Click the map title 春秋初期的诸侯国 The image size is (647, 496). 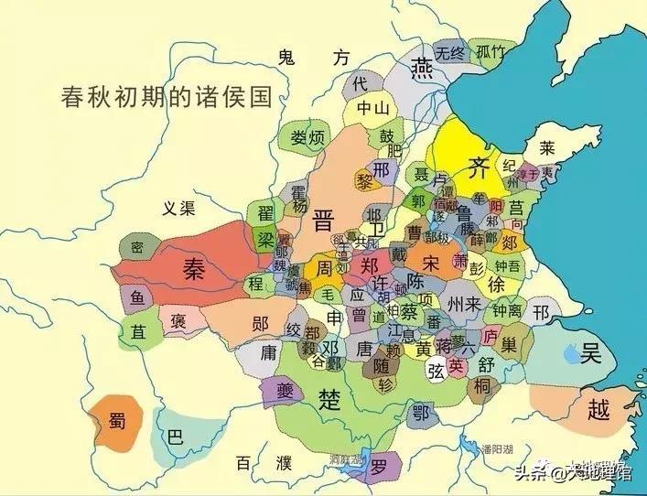pyautogui.click(x=167, y=96)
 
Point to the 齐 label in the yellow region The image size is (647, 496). pyautogui.click(x=477, y=167)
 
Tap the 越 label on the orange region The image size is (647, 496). pyautogui.click(x=597, y=409)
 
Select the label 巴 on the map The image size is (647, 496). pyautogui.click(x=173, y=436)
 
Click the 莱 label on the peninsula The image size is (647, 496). pyautogui.click(x=546, y=147)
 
